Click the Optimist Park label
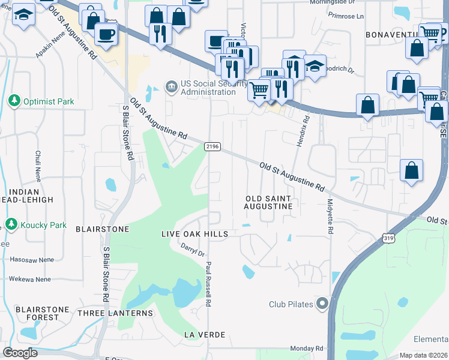49,101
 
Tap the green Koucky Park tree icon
10,224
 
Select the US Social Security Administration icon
172,87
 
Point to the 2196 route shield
212,146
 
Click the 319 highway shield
390,238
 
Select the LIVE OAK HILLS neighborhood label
195,233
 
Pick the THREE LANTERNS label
115,313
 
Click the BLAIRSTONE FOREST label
43,314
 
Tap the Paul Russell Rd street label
209,284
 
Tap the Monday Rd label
306,349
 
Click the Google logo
20,353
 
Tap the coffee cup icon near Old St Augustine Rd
106,34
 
